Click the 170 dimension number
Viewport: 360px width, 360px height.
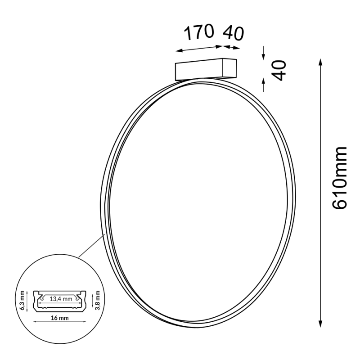coord(198,32)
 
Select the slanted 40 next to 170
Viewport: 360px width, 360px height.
coord(233,33)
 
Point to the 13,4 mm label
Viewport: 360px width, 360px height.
coord(60,298)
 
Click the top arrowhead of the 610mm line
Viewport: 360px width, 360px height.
coord(320,61)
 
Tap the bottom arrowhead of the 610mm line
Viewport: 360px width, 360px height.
coord(320,324)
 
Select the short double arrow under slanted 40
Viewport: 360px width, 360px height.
coord(232,46)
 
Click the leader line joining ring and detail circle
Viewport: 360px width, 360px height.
coord(91,246)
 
